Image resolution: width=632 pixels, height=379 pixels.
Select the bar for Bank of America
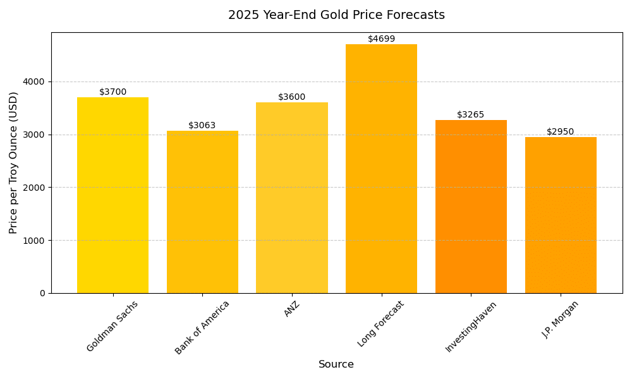[202, 212]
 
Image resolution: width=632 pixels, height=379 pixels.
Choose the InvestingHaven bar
[471, 206]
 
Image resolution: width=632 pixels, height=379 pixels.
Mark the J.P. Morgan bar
[561, 215]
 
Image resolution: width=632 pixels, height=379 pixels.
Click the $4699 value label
[381, 39]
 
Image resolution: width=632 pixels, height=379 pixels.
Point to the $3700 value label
[112, 92]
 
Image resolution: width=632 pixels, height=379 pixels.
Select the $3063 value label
[202, 126]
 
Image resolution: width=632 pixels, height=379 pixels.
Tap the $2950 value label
[561, 132]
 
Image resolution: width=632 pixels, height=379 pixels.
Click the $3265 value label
[471, 115]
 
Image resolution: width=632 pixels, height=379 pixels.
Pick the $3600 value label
[292, 97]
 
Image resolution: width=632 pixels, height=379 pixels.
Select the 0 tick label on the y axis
[42, 293]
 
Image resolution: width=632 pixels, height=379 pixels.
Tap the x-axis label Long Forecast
[380, 323]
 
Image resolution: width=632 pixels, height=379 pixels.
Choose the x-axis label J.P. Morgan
[560, 319]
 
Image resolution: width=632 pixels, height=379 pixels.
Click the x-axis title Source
[336, 364]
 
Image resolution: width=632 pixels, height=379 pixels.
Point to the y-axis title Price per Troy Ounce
[14, 162]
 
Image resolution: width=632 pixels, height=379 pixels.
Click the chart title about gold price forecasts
[336, 15]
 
